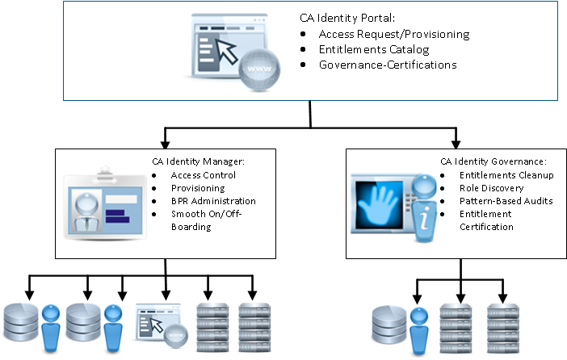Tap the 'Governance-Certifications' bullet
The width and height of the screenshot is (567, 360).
[x=388, y=65]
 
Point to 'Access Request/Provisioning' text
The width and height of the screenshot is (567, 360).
[x=394, y=35]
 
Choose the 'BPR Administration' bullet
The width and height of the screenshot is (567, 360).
[x=212, y=201]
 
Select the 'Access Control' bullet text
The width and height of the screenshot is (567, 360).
[x=203, y=175]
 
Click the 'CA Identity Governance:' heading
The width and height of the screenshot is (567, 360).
[x=493, y=161]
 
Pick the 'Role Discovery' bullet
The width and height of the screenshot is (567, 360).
[x=491, y=187]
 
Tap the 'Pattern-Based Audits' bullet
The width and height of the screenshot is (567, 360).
[x=506, y=200]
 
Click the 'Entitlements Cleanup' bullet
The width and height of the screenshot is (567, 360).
[x=504, y=174]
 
